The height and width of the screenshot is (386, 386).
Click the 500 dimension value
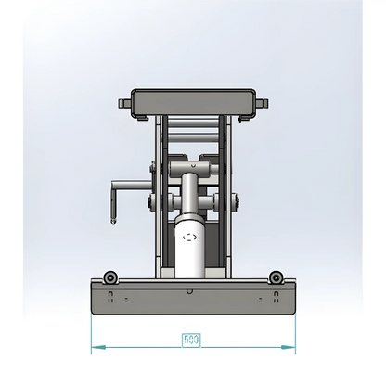click(190, 340)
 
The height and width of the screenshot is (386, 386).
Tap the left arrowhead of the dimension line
click(95, 348)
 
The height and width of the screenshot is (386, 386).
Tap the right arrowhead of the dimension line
click(288, 348)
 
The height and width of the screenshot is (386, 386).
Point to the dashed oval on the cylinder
click(192, 238)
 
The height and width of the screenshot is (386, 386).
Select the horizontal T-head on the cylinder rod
click(192, 169)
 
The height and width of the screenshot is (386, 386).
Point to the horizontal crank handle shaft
click(130, 184)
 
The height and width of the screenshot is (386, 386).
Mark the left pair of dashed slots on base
click(111, 298)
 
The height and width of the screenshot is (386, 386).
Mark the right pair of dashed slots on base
click(274, 298)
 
